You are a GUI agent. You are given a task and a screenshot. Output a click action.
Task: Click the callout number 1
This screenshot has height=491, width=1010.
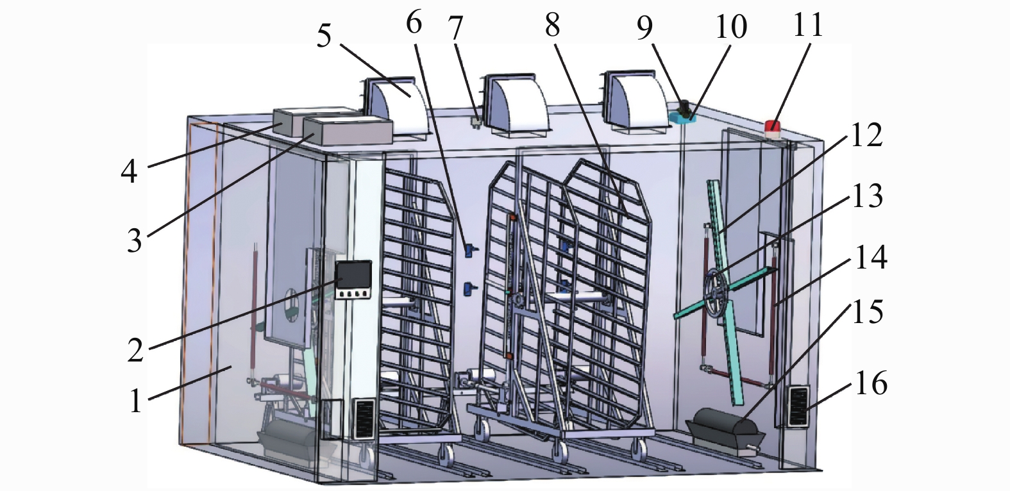[136, 401]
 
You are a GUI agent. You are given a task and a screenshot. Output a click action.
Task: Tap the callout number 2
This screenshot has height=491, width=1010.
[136, 349]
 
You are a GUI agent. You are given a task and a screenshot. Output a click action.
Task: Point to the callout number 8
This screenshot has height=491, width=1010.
[553, 25]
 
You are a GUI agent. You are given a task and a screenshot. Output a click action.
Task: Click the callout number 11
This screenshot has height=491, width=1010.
[807, 24]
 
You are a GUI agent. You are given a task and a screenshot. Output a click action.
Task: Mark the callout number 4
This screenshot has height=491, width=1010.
[129, 171]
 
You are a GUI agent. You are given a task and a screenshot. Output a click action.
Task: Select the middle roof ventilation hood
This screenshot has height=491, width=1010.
[516, 104]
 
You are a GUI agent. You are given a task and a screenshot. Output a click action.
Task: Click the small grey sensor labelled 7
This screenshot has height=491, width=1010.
[476, 122]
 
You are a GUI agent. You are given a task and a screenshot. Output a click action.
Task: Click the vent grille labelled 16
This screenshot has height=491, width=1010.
[798, 406]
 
